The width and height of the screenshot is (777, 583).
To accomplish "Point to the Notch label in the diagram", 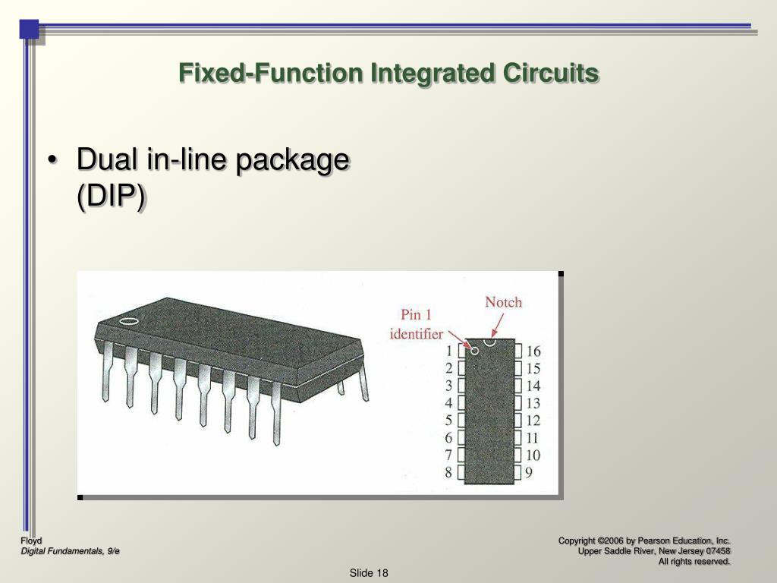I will point(503,302).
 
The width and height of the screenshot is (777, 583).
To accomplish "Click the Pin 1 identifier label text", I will point(417,324).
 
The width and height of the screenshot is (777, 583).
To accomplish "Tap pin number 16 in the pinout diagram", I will point(533,351).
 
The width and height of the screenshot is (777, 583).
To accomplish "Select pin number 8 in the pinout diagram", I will point(449,472).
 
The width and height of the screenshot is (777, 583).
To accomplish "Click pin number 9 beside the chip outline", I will point(529,472).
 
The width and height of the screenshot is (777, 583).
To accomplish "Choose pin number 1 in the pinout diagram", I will point(449,351).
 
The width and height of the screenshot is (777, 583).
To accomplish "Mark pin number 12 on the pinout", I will point(533,420).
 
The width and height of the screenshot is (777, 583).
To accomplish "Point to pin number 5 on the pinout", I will point(449,420).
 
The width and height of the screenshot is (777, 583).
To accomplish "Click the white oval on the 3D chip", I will point(129,320).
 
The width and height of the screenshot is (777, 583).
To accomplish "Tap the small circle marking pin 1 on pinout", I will point(475,350).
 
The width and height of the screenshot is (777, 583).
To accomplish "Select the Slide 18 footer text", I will point(369,572).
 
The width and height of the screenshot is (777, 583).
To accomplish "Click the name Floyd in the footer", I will point(31,540).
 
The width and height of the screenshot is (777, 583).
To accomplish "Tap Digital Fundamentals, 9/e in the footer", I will point(70,551).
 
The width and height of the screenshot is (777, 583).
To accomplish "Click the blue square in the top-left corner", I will point(29,29).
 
